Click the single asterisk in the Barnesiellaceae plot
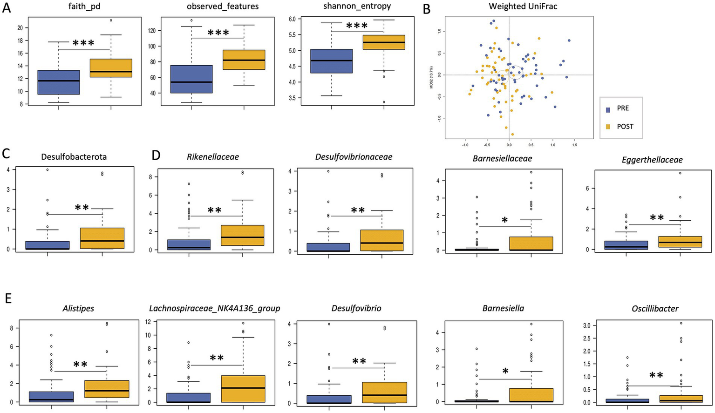(x=505, y=219)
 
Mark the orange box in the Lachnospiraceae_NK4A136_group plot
(x=243, y=389)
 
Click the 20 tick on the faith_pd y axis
(x=20, y=28)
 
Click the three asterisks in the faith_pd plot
(x=84, y=43)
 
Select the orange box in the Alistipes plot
(x=107, y=389)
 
